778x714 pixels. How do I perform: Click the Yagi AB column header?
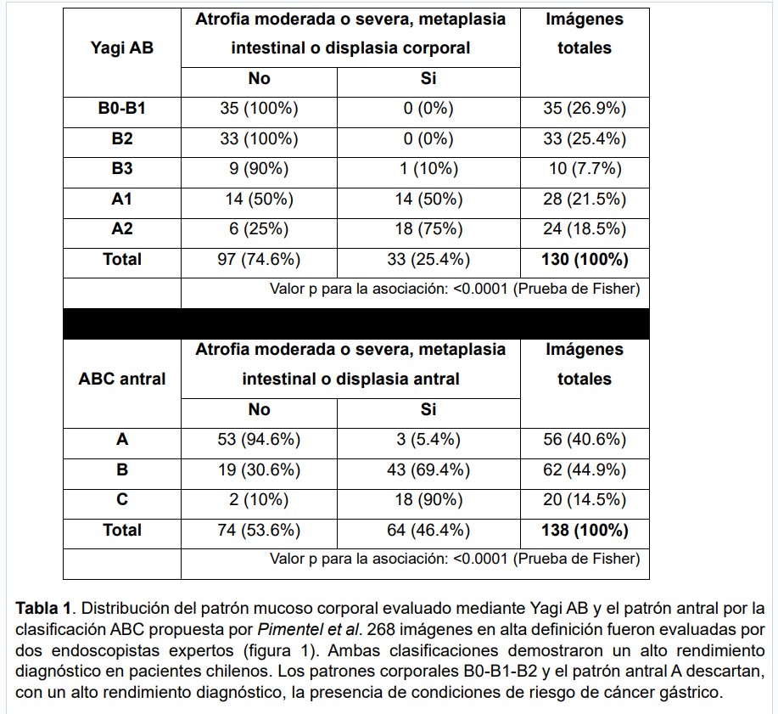(121, 48)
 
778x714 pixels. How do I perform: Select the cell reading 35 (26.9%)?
(584, 109)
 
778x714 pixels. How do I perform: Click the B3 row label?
(121, 169)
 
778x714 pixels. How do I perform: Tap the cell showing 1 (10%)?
(428, 169)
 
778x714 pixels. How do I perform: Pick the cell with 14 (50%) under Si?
(428, 200)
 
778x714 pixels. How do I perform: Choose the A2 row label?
(121, 229)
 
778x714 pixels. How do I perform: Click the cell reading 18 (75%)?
(428, 229)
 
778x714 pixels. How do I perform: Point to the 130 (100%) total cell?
(584, 260)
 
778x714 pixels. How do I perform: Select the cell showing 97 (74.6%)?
(259, 260)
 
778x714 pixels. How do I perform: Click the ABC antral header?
(121, 379)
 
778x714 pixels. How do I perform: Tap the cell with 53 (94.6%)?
(259, 440)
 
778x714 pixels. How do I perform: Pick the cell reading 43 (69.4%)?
(428, 469)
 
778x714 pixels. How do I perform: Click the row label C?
(121, 499)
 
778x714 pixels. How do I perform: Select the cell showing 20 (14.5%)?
(584, 499)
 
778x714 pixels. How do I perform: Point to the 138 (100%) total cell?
(584, 530)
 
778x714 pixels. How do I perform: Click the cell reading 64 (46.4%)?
(428, 530)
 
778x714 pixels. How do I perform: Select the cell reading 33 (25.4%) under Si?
(428, 260)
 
